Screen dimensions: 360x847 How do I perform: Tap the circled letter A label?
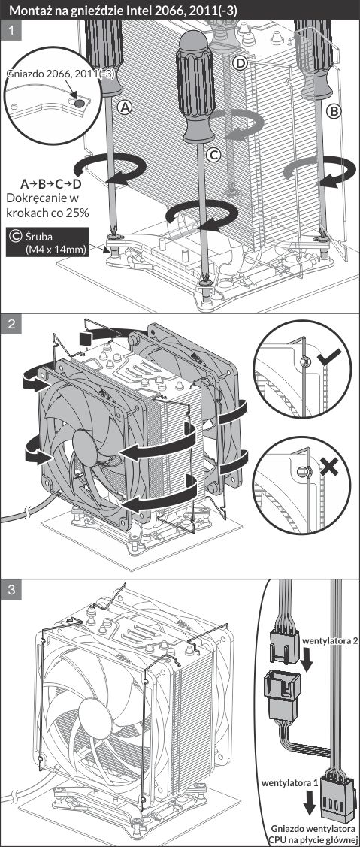click(x=126, y=108)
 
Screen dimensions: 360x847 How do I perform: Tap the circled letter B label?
click(x=334, y=111)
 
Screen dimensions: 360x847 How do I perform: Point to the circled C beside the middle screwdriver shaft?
click(x=215, y=156)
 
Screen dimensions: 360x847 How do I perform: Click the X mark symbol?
click(x=328, y=467)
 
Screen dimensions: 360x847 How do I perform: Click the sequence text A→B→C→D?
click(x=51, y=183)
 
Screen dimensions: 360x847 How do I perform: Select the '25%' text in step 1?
click(x=77, y=213)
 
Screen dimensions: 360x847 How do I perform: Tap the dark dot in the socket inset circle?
click(x=78, y=101)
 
